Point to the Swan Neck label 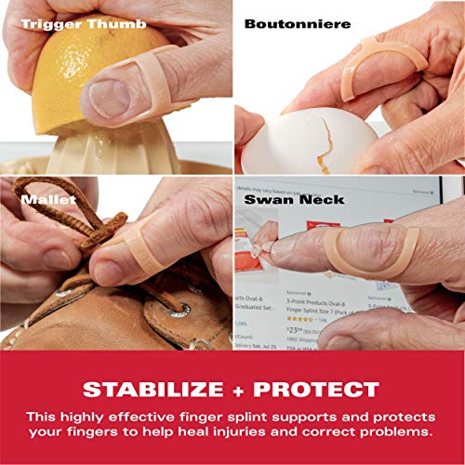click(x=295, y=199)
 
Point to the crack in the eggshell click(x=325, y=131)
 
